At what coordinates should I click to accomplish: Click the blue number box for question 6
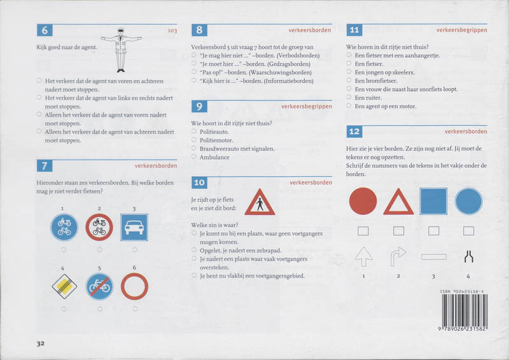point(45,30)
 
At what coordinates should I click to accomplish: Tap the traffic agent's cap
point(121,29)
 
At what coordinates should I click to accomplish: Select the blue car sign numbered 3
point(134,227)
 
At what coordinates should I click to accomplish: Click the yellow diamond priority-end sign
point(64,287)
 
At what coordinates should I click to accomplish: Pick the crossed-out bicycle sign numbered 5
point(99,287)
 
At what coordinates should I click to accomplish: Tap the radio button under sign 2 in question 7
point(100,249)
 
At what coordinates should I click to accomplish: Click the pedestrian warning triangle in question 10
point(260,202)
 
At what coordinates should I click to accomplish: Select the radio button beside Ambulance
point(194,157)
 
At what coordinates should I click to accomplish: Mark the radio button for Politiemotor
point(194,140)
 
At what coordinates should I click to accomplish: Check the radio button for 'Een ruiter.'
point(349,97)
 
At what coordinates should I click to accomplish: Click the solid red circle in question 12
point(363,201)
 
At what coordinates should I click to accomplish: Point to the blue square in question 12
point(433,201)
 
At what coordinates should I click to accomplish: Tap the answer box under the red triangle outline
point(399,231)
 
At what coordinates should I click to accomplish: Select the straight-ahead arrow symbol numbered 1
point(363,257)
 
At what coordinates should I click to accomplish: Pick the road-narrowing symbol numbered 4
point(469,256)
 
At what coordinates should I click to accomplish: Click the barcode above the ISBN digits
point(465,310)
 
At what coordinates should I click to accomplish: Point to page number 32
point(40,343)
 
